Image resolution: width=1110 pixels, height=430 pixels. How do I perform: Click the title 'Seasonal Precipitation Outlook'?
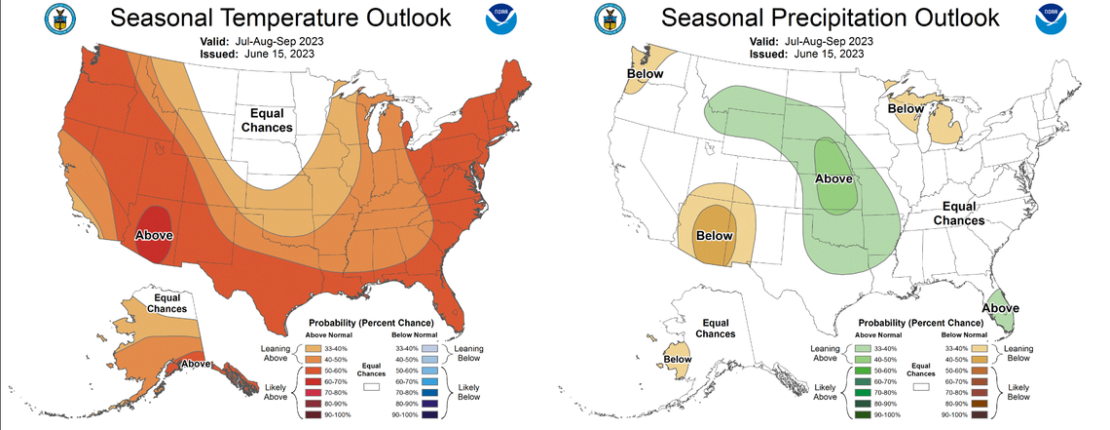pos(831,18)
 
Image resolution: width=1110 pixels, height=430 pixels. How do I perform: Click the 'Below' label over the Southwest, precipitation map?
pos(714,235)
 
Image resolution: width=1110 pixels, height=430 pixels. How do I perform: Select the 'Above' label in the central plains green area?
pos(833,178)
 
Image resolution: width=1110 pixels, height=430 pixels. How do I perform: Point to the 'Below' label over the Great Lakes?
pos(907,109)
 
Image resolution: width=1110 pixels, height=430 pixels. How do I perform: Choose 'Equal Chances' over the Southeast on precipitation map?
pos(959,214)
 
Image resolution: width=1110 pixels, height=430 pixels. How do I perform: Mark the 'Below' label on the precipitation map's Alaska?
pos(678,359)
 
